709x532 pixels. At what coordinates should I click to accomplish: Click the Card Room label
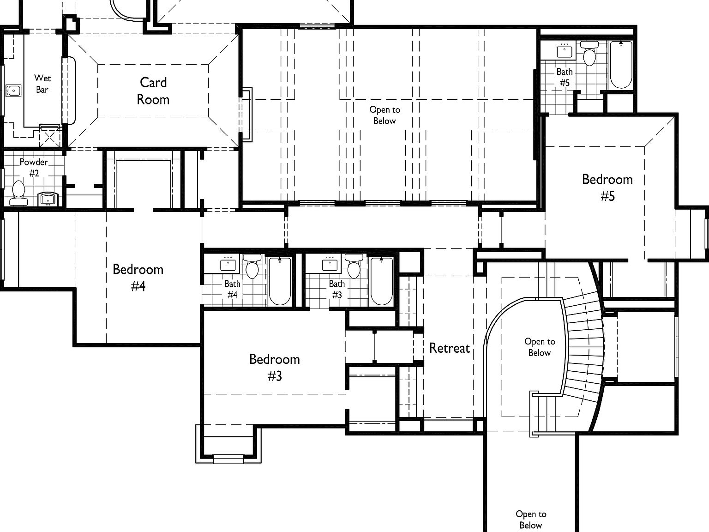click(153, 91)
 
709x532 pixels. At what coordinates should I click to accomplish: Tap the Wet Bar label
click(42, 84)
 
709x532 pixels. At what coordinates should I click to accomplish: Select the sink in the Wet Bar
click(13, 90)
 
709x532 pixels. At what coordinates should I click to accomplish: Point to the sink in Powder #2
click(48, 199)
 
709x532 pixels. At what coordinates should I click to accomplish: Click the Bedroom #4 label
click(138, 278)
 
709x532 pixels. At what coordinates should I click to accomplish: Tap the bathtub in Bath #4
click(280, 281)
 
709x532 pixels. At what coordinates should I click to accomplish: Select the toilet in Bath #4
click(252, 267)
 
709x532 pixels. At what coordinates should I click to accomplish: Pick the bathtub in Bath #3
click(381, 281)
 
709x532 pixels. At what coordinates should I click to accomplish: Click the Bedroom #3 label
click(275, 368)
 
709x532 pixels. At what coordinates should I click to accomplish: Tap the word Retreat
click(449, 348)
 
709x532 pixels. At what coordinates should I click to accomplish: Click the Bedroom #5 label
click(607, 187)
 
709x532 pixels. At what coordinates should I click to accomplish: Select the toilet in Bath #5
click(589, 54)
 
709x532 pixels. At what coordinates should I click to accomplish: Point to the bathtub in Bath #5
click(621, 64)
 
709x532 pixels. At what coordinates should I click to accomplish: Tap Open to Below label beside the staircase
click(539, 347)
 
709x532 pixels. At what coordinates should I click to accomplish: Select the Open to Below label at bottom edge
click(531, 520)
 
